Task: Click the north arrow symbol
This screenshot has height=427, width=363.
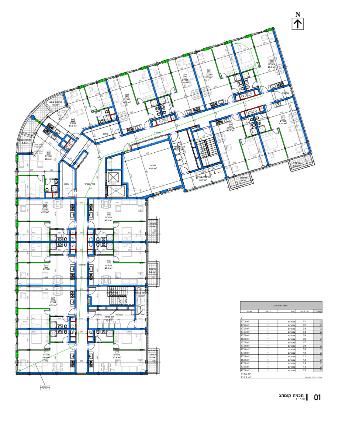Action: point(298,23)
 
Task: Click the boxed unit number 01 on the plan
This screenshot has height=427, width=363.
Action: point(73,120)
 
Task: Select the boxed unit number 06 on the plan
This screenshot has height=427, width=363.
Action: point(271,61)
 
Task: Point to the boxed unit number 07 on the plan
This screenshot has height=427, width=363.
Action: point(283,117)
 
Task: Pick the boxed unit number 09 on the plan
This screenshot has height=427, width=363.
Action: point(108,214)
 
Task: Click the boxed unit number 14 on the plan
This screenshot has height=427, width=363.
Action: point(46,265)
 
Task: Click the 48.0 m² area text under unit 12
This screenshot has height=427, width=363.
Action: point(46,358)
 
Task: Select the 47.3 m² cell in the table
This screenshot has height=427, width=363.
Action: point(245,321)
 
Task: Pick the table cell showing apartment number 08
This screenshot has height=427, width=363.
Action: point(304,346)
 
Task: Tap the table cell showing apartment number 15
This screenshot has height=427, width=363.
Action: point(304,370)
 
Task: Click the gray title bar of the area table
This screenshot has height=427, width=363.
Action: point(281,305)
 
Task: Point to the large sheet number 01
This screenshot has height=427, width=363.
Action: point(317,397)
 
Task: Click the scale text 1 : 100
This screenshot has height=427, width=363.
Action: point(300,399)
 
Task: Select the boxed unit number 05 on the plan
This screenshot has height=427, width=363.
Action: point(209,70)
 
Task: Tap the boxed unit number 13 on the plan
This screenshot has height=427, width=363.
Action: point(53,299)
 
